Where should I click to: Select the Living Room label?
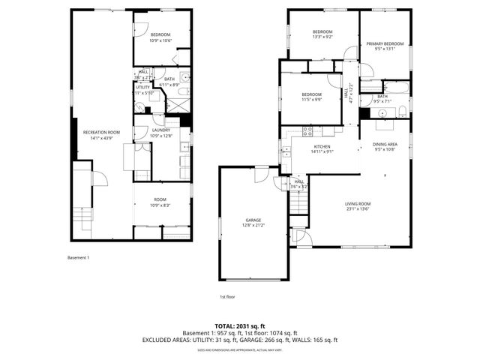pos(358,203)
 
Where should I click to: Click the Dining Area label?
pos(385,145)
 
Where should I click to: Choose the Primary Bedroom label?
pos(385,43)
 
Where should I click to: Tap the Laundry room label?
pos(161,130)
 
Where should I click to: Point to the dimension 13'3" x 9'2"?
pos(323,36)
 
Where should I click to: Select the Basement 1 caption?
pos(77,258)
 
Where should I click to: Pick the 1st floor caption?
pos(228,296)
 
